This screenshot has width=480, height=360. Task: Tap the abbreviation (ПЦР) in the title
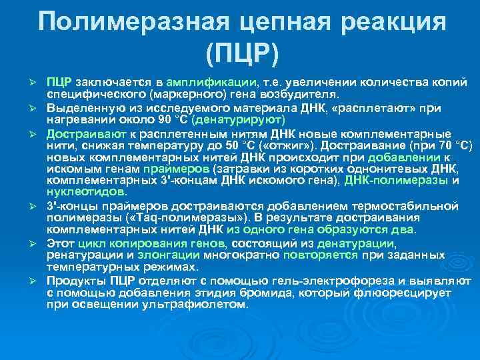(242, 54)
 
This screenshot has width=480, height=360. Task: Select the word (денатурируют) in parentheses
(238, 120)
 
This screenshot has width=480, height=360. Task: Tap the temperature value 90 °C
(171, 120)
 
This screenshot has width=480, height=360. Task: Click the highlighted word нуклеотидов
(87, 191)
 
